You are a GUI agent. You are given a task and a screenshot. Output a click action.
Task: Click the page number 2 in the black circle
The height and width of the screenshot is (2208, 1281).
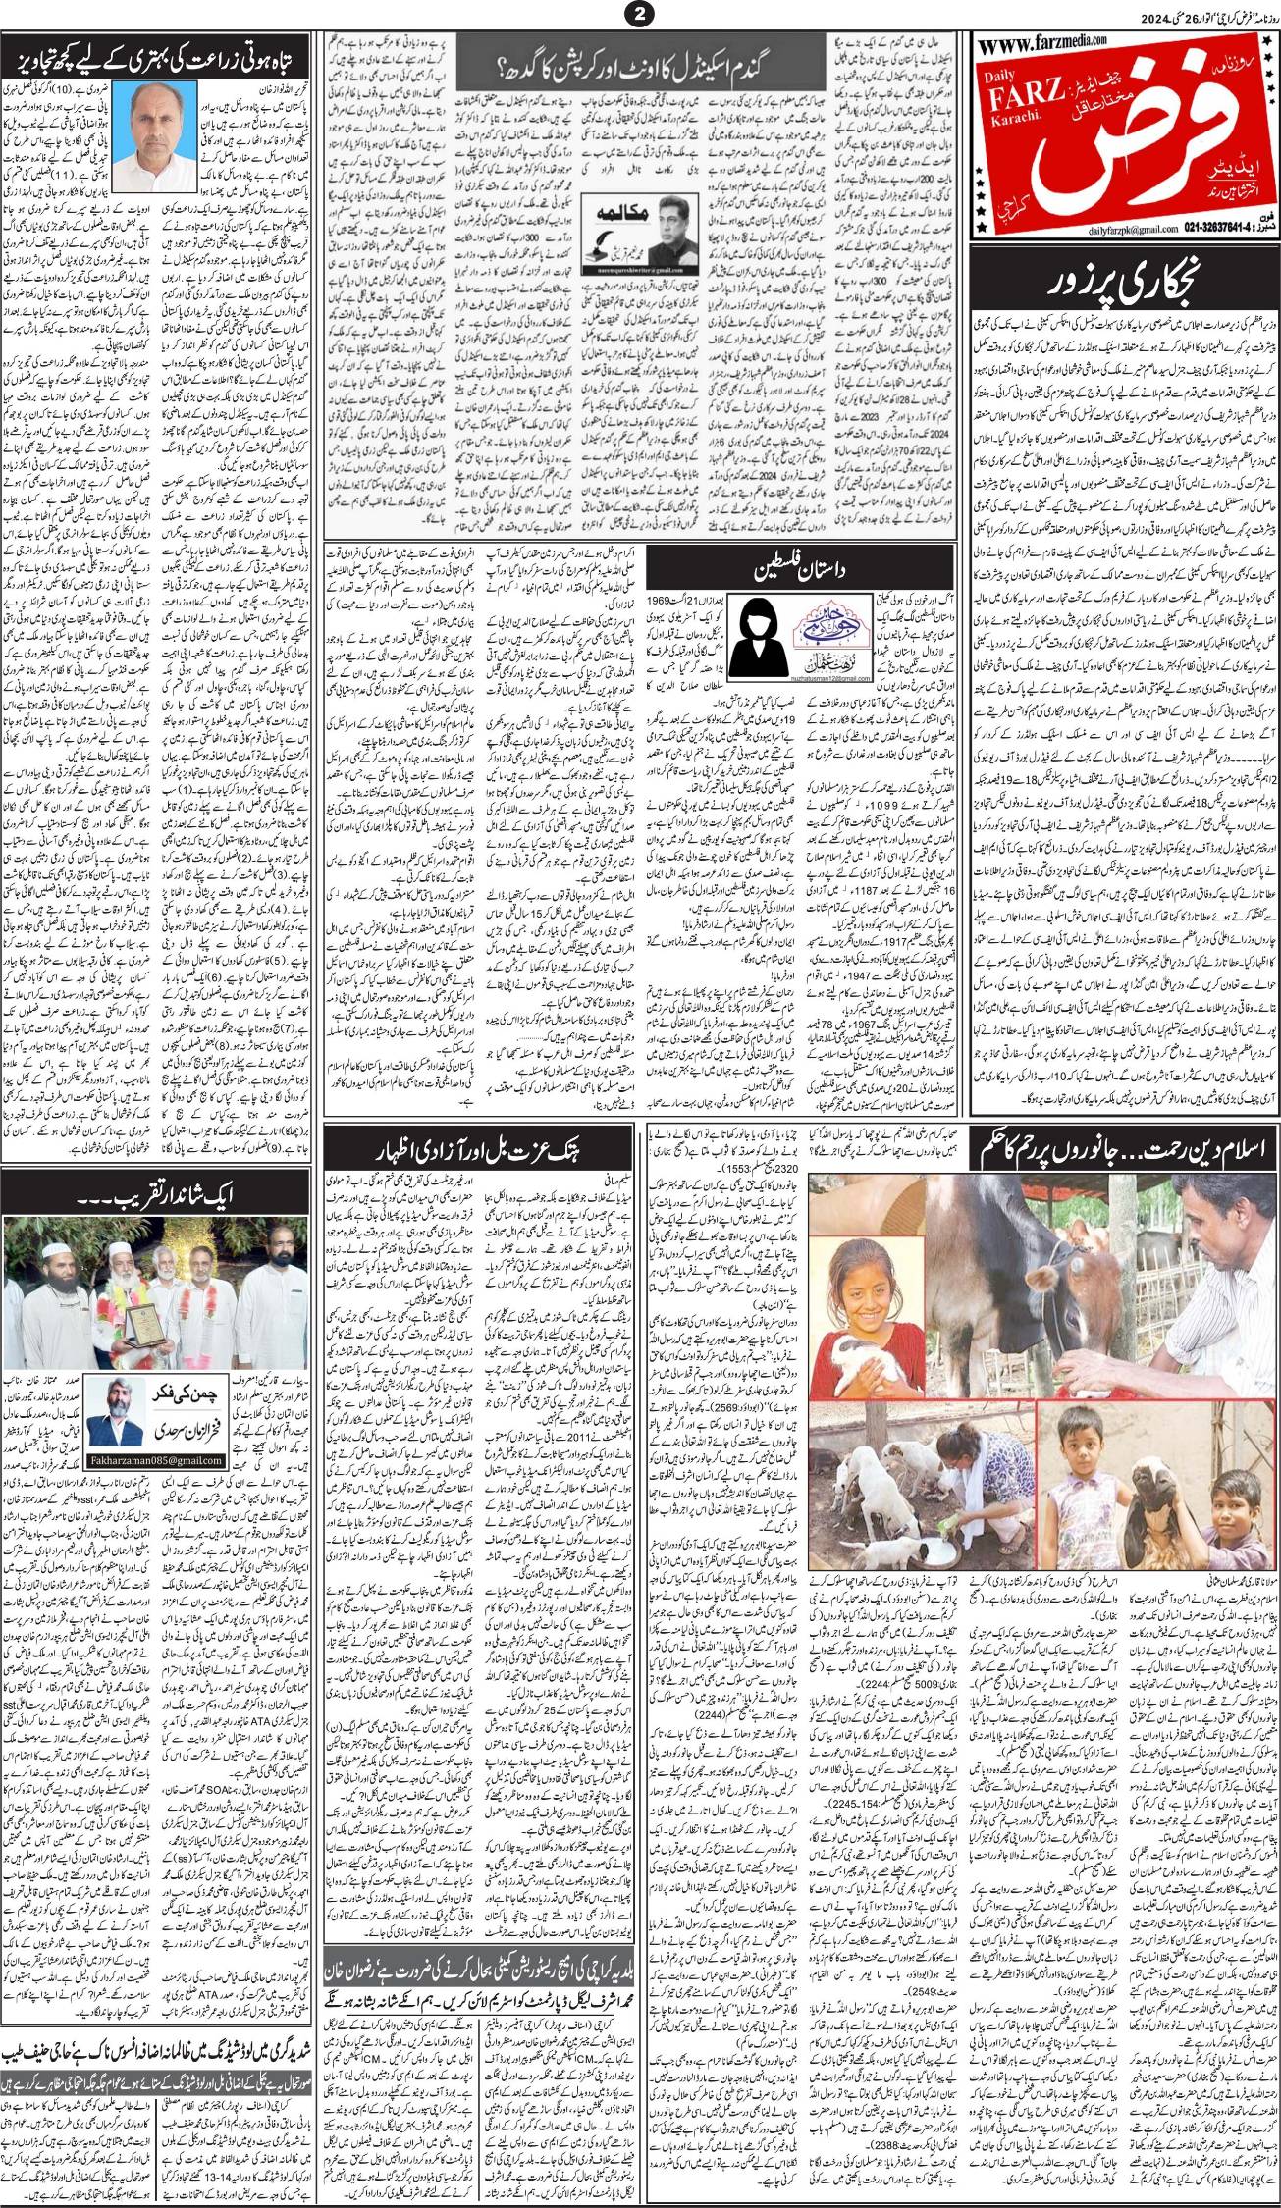click(x=639, y=14)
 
